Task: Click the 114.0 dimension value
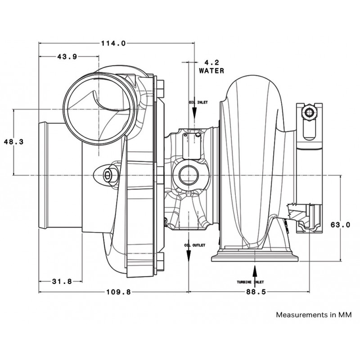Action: pos(114,43)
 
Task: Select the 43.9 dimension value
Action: pos(67,57)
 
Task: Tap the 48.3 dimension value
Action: pos(14,142)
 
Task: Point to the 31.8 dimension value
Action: pos(62,281)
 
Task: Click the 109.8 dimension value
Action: pos(118,292)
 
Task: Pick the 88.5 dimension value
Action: pos(256,292)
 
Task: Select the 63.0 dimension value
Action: pos(341,225)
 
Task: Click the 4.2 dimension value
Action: pos(212,62)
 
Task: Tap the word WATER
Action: pos(211,71)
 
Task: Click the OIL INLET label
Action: pos(198,103)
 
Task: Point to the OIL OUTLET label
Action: pos(195,245)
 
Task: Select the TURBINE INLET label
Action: pos(251,282)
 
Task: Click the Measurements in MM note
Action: pos(314,315)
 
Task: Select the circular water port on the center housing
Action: pos(188,176)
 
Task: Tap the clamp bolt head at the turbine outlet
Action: pos(309,112)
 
